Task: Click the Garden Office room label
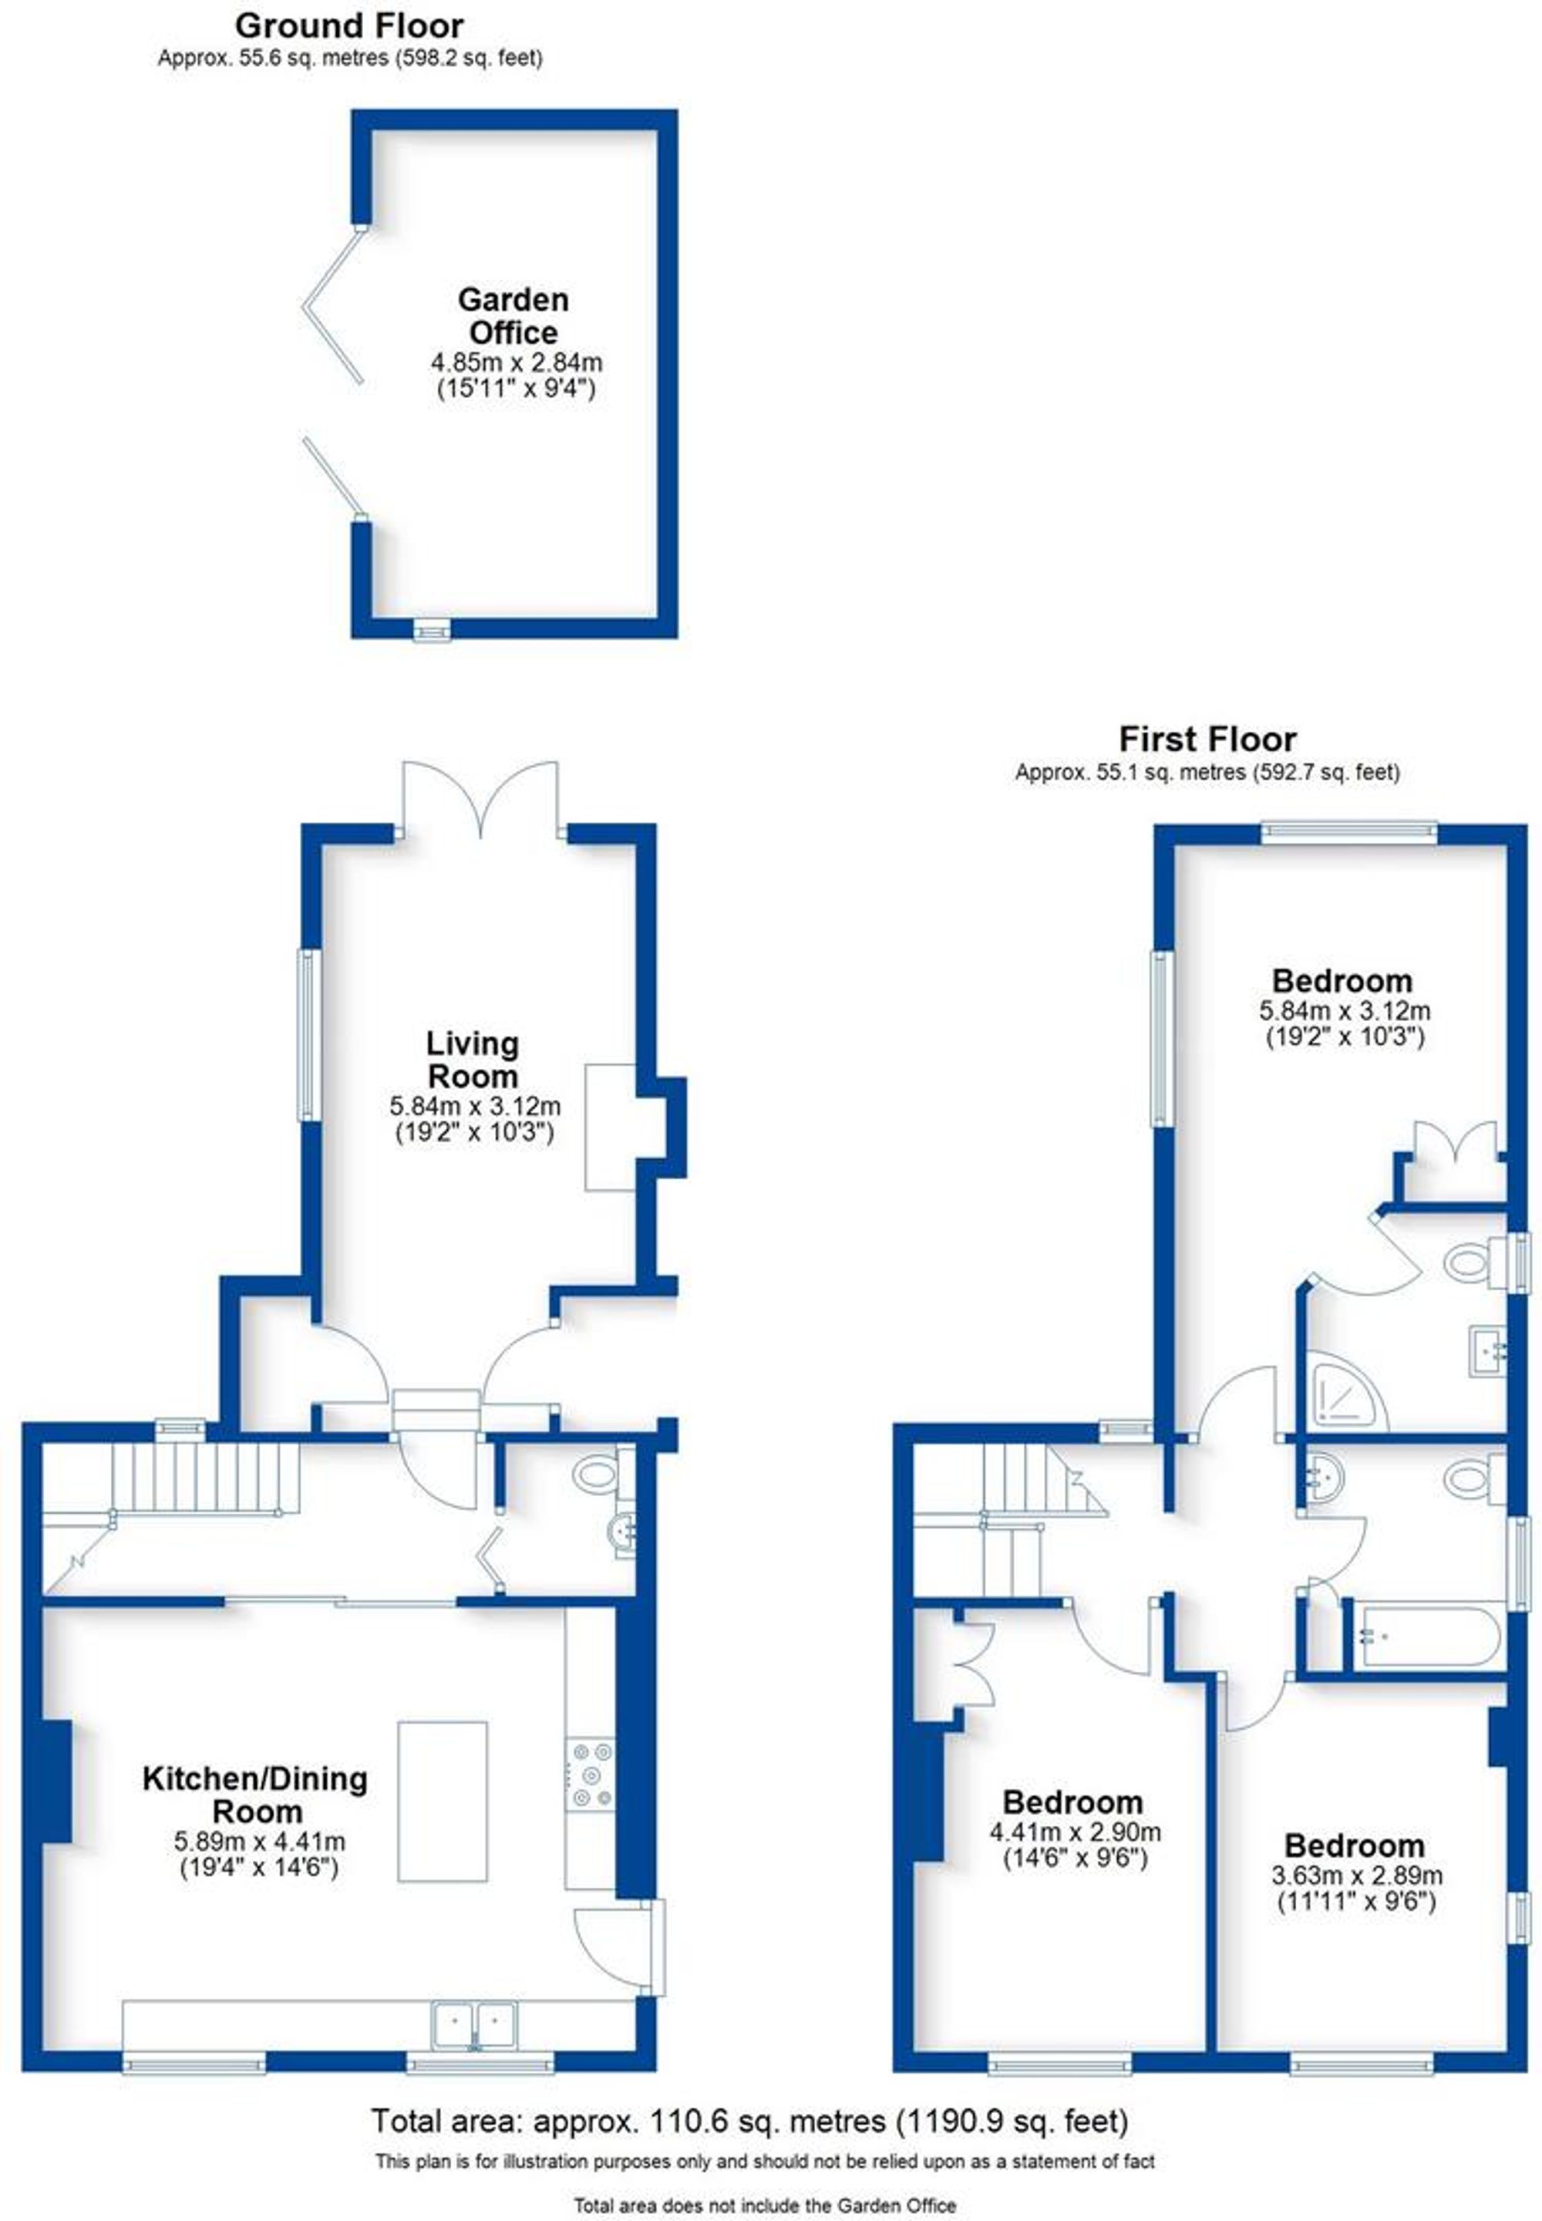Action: pyautogui.click(x=512, y=316)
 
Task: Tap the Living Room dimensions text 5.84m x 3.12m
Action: pyautogui.click(x=474, y=1107)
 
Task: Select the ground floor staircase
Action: pyautogui.click(x=203, y=1477)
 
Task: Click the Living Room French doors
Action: pyautogui.click(x=480, y=802)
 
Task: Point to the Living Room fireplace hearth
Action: pyautogui.click(x=611, y=1127)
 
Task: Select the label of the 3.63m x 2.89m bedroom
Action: pyautogui.click(x=1354, y=1845)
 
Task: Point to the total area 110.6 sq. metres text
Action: pyautogui.click(x=749, y=2122)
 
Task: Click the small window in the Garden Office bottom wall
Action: pyautogui.click(x=432, y=630)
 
